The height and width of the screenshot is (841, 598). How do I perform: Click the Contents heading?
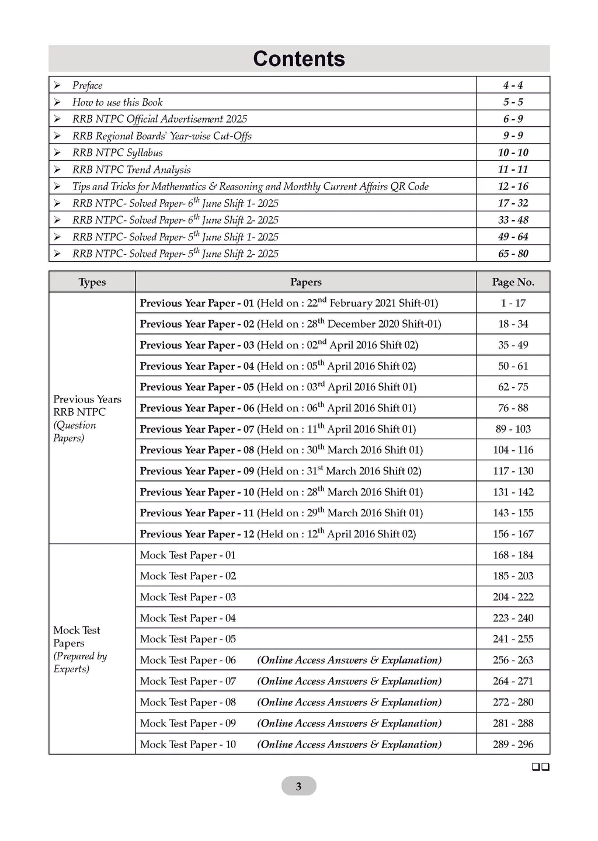coord(298,59)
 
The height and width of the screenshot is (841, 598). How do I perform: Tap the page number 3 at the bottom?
coord(298,786)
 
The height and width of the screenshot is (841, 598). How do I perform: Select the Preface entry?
coord(87,85)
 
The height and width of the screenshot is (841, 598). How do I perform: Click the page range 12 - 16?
coord(513,186)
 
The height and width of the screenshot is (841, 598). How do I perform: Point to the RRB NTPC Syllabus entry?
coord(117,152)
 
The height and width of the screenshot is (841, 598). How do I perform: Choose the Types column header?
coord(92,282)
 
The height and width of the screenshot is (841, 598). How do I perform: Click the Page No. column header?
coord(513,282)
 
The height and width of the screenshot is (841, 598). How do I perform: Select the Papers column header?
coord(305,282)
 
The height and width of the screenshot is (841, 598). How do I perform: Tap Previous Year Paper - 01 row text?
coord(288,303)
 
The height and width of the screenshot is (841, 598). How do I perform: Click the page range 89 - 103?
coord(513,429)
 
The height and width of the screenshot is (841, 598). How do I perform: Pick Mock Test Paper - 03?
coord(187,597)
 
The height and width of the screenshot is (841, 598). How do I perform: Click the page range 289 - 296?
coord(513,744)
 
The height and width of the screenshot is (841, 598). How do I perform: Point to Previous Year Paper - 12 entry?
coord(277,534)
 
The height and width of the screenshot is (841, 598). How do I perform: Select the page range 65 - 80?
coord(513,253)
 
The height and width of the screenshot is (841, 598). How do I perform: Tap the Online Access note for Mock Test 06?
coord(349,660)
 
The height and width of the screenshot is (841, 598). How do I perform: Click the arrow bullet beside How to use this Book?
coord(57,102)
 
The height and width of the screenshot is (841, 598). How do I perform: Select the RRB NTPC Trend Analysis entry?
coord(131,169)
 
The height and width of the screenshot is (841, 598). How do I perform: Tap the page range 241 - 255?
coord(513,639)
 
